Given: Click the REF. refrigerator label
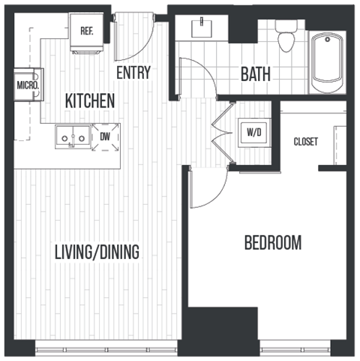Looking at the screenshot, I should [86, 31].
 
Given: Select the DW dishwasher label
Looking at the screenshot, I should [105, 137].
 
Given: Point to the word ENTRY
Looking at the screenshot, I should [133, 73].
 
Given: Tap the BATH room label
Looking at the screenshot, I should [255, 74].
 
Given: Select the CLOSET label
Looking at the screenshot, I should [305, 141].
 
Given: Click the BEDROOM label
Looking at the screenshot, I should [273, 242].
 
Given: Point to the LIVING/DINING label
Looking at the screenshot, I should [97, 252].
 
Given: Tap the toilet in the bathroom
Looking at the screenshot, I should [285, 35].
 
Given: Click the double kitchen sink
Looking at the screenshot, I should [73, 137].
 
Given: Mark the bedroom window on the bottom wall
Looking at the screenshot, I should [295, 347].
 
